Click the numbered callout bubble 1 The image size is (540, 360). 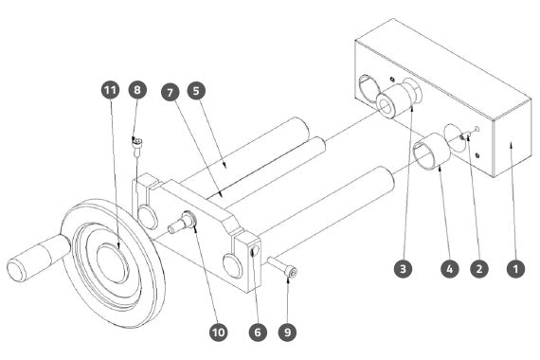click(x=515, y=268)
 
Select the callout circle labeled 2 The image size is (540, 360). click(x=479, y=268)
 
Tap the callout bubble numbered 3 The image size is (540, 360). click(x=404, y=268)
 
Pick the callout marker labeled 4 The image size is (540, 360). click(x=450, y=268)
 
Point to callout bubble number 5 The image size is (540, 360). click(x=196, y=91)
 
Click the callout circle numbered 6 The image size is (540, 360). click(x=258, y=333)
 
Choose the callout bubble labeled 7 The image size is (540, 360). click(x=171, y=92)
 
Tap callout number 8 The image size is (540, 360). click(x=137, y=90)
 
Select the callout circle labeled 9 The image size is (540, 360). click(x=288, y=333)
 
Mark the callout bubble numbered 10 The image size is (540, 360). click(x=218, y=333)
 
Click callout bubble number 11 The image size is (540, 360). click(x=110, y=90)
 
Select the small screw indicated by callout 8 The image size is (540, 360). click(x=136, y=147)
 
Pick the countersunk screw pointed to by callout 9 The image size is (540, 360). click(x=282, y=267)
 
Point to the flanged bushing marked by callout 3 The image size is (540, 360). click(x=398, y=99)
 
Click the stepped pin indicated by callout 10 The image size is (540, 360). click(x=182, y=223)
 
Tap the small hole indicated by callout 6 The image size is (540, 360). click(x=255, y=252)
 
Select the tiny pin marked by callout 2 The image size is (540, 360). click(x=468, y=135)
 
